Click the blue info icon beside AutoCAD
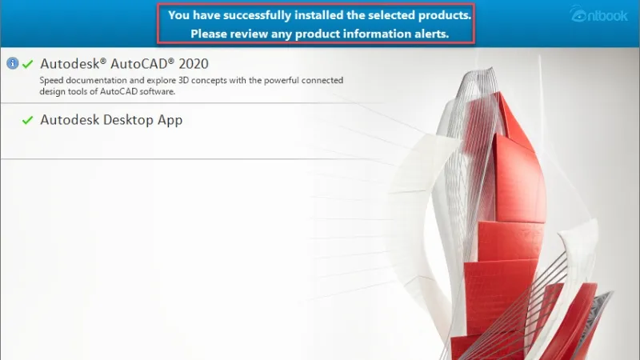pos(12,63)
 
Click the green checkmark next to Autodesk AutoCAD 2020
pos(28,63)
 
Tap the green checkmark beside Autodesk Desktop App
pos(28,121)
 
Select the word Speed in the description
pos(52,81)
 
